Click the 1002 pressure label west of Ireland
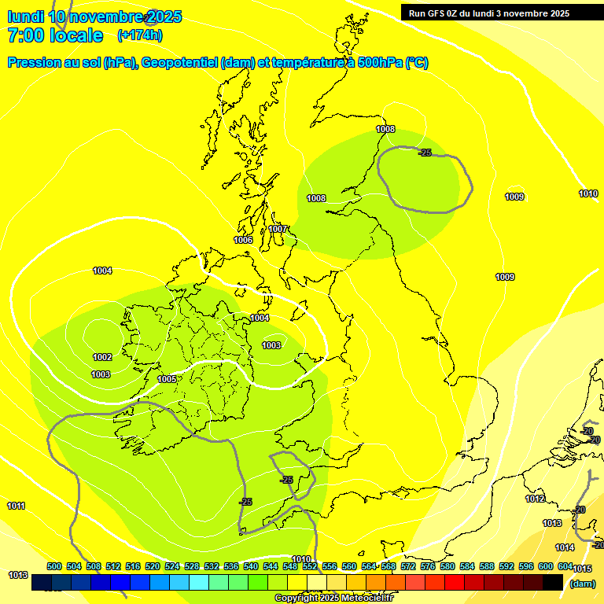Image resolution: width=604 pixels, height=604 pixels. [102, 357]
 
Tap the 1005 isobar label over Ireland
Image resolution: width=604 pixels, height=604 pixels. [167, 379]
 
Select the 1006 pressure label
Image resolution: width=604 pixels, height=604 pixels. [243, 240]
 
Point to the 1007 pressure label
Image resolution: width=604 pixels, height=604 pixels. [278, 229]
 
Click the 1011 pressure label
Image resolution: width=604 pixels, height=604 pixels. [16, 506]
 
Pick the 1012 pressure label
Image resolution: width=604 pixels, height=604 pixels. [535, 499]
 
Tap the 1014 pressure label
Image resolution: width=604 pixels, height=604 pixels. [565, 547]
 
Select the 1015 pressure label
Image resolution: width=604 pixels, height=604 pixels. [582, 569]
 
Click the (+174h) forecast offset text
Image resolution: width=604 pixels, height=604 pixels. [139, 35]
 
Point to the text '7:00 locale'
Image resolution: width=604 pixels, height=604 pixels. [55, 35]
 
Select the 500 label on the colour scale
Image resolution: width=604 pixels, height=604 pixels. [54, 566]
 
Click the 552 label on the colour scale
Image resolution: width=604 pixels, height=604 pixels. [310, 566]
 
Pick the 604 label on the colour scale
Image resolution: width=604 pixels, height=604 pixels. [565, 566]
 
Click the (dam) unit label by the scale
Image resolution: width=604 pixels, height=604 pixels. [582, 584]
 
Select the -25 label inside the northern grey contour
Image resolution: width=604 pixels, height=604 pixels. [425, 152]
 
